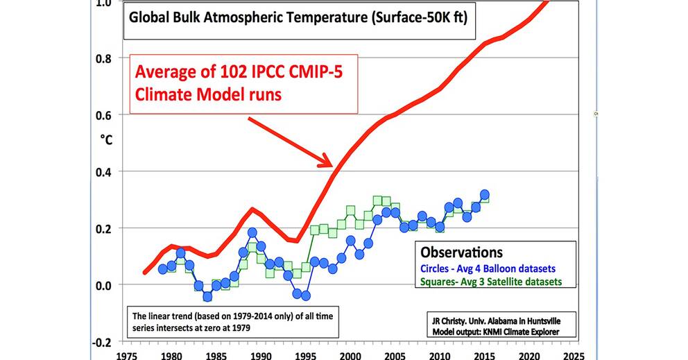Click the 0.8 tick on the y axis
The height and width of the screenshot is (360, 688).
102,58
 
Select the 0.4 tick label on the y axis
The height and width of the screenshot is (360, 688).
102,171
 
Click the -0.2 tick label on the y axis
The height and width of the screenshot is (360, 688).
100,342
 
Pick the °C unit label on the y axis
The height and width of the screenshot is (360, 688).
106,139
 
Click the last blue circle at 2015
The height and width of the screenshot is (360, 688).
485,195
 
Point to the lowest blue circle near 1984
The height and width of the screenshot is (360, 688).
207,296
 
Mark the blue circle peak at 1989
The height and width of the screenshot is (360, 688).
252,233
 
